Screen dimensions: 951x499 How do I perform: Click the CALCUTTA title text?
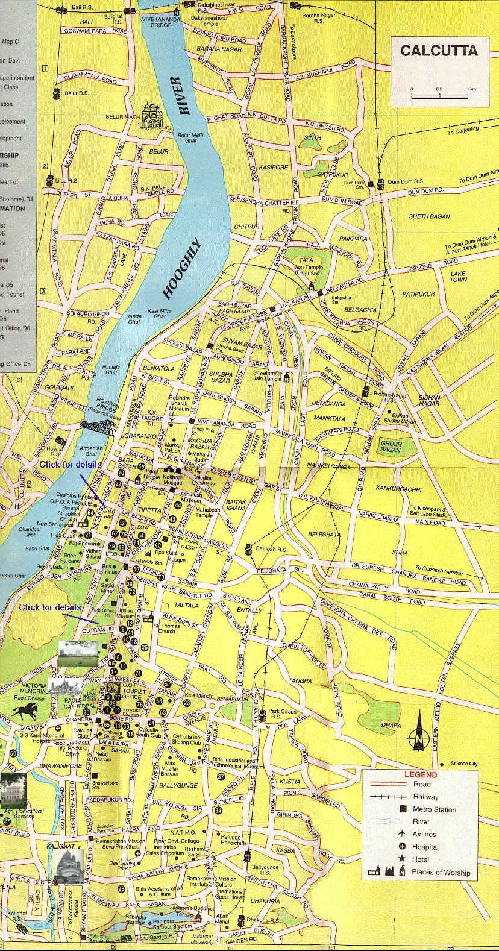click(439, 51)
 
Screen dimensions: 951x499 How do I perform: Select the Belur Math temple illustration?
click(152, 116)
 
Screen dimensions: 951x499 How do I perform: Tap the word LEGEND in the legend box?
click(421, 774)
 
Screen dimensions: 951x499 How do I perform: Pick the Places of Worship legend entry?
click(441, 872)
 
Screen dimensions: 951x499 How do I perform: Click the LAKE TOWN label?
click(459, 276)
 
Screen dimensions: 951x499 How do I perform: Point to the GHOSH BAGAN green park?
click(391, 447)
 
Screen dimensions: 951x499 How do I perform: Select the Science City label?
click(464, 764)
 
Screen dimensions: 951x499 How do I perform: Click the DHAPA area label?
click(391, 725)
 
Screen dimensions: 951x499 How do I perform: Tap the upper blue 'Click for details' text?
click(71, 465)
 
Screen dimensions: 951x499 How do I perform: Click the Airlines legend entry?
click(425, 834)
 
